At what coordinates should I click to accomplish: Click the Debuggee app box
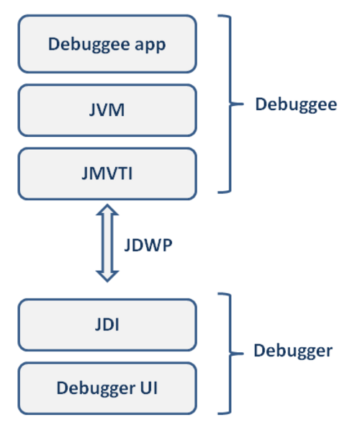coord(107,44)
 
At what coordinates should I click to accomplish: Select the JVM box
coord(107,110)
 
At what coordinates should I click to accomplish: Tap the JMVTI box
coord(107,174)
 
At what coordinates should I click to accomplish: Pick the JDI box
coord(107,325)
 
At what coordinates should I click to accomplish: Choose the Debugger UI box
coord(107,388)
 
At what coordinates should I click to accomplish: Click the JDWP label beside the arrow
coord(148,246)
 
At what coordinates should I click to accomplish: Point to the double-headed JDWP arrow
coord(107,243)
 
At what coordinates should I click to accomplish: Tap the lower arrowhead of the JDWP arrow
coord(107,277)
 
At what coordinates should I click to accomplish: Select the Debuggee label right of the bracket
coord(296,105)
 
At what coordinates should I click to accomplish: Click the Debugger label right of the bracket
coord(293,351)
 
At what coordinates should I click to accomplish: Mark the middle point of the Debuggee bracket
coord(230,104)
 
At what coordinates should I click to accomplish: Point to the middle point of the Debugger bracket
coord(230,354)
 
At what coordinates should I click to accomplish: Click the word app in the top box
coord(150,45)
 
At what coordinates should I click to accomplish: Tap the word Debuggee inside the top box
coord(89,45)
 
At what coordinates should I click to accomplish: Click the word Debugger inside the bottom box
coord(96,388)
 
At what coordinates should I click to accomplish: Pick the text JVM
coord(107,110)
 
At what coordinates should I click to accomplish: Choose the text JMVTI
coord(107,174)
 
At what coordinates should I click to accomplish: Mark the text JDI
coord(107,325)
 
